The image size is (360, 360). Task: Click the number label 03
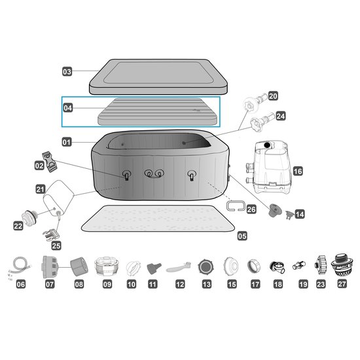(x=67, y=71)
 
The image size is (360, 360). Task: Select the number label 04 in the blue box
(x=67, y=108)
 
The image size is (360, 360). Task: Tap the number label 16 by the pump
(x=298, y=171)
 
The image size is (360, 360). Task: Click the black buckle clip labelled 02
(x=50, y=162)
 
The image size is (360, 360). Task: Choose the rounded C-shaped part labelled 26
(x=236, y=206)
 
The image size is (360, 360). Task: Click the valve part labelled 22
(x=29, y=218)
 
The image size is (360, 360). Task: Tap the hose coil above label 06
(x=20, y=268)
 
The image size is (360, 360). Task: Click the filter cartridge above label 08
(x=79, y=266)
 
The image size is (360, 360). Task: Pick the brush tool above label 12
(x=179, y=266)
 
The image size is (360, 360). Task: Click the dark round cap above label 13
(x=206, y=267)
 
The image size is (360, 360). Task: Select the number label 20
(x=273, y=96)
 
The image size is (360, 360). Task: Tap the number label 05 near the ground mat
(x=242, y=236)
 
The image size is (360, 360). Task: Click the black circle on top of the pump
(x=267, y=145)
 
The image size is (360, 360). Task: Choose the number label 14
(x=300, y=214)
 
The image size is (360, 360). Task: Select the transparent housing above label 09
(x=107, y=266)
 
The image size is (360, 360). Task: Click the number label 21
(x=41, y=189)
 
